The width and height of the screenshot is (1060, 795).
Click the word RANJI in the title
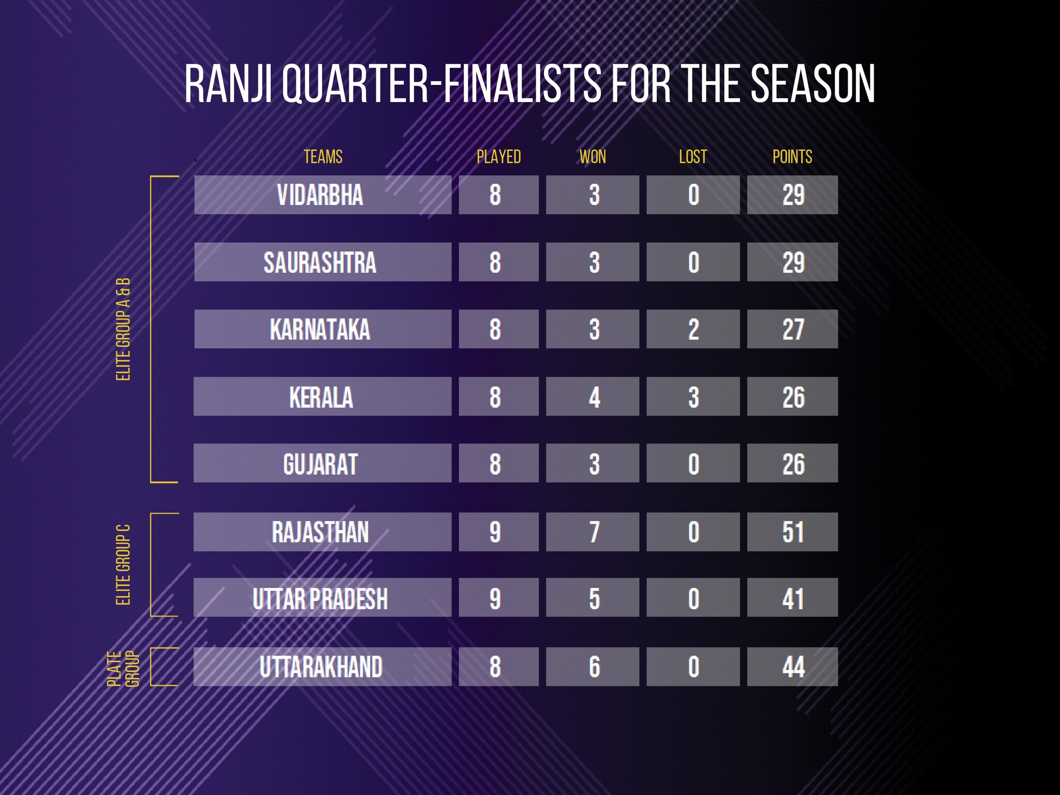(229, 84)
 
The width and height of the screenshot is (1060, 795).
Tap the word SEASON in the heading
(813, 84)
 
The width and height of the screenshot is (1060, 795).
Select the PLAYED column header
(498, 157)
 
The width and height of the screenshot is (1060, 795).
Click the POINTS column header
(792, 157)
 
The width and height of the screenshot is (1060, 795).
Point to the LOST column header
(693, 157)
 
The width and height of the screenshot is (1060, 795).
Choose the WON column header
(593, 157)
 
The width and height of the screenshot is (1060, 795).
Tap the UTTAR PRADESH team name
(320, 598)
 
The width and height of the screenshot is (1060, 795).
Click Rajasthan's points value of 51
(793, 532)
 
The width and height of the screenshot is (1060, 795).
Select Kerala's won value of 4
(594, 397)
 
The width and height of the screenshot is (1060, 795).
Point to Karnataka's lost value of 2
(694, 330)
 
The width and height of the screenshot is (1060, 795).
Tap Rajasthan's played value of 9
(495, 532)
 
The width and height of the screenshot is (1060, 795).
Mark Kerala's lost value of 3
(694, 397)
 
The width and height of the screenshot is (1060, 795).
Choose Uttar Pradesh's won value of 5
(594, 598)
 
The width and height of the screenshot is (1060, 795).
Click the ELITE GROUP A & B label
(123, 329)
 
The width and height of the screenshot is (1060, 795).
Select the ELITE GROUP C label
(123, 565)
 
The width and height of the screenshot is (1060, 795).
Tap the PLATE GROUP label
(123, 669)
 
